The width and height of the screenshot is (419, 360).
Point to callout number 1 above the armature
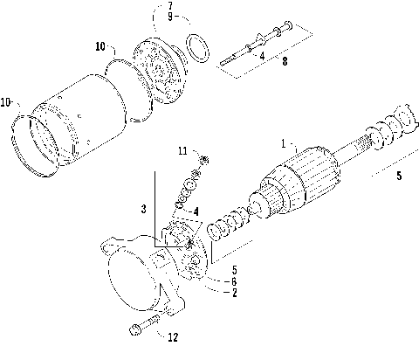[282, 141]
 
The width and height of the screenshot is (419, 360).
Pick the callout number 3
[144, 209]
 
